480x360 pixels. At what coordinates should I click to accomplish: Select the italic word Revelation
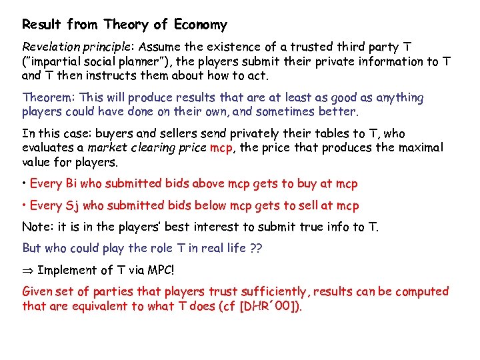tap(49, 47)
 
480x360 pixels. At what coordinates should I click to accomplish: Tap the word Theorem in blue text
tap(45, 97)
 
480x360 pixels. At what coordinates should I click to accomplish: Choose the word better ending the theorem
tap(339, 111)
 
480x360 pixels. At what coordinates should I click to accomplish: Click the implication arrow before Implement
tap(28, 270)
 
